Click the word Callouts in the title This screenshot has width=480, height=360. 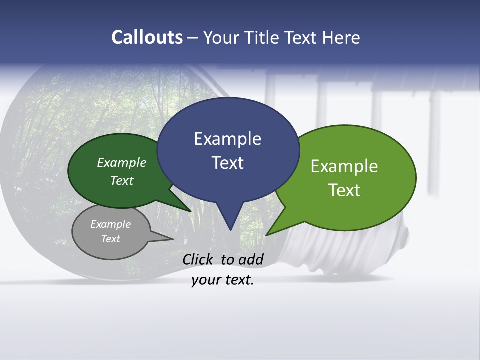[x=147, y=37]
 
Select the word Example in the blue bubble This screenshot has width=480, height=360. [x=227, y=139]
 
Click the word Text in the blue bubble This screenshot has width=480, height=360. [x=227, y=163]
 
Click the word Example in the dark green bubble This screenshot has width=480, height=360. [x=122, y=162]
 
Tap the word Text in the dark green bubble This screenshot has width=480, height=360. [x=122, y=180]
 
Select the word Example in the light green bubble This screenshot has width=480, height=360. [x=344, y=166]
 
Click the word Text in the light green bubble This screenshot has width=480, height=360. [x=344, y=190]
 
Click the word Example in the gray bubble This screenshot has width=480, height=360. [x=110, y=224]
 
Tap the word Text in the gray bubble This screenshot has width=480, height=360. [x=110, y=239]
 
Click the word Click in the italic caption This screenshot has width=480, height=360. [x=199, y=259]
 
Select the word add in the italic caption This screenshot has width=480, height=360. [x=251, y=259]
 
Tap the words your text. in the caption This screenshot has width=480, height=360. [x=222, y=280]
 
